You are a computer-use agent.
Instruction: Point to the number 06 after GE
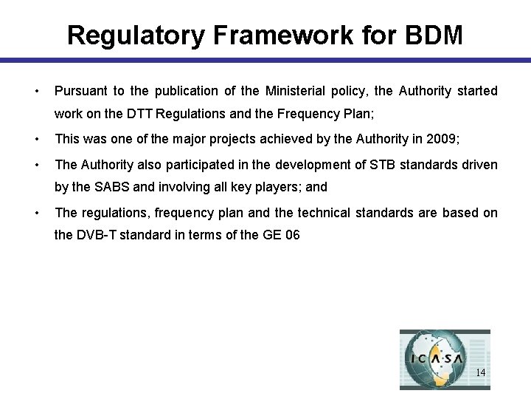pyautogui.click(x=291, y=237)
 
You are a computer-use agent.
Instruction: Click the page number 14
pyautogui.click(x=480, y=372)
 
